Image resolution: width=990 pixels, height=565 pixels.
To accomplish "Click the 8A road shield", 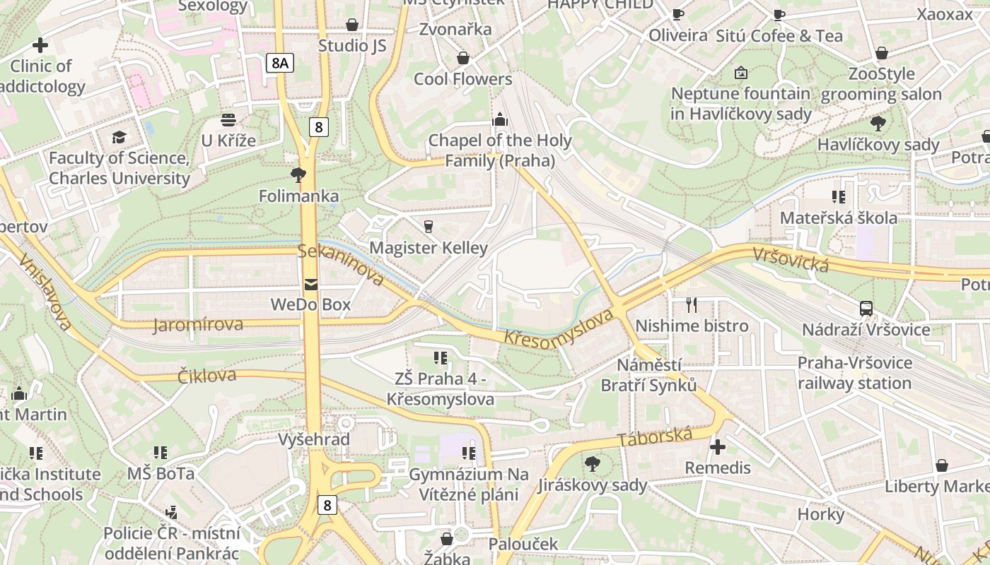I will pyautogui.click(x=280, y=64).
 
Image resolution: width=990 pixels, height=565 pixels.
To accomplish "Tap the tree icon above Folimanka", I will pyautogui.click(x=298, y=174).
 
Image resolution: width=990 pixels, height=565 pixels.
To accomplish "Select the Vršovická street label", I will pyautogui.click(x=791, y=259).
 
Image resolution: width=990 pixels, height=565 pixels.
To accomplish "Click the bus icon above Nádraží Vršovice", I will pyautogui.click(x=866, y=309).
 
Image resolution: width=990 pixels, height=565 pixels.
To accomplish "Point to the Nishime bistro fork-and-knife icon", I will pyautogui.click(x=692, y=304).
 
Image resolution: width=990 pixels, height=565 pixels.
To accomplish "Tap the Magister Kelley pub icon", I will pyautogui.click(x=428, y=227).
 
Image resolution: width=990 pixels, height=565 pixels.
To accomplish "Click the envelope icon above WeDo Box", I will pyautogui.click(x=310, y=285).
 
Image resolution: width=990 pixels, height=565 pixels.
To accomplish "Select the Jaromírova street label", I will pyautogui.click(x=198, y=325).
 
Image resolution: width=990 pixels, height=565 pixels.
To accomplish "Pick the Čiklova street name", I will pyautogui.click(x=207, y=375).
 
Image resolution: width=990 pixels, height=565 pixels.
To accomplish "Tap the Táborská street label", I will pyautogui.click(x=655, y=437).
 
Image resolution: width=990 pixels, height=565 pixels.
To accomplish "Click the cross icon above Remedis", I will pyautogui.click(x=718, y=447).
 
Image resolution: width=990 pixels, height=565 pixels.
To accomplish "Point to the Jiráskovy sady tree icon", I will pyautogui.click(x=592, y=464).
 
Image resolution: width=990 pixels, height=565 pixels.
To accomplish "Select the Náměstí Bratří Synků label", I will pyautogui.click(x=648, y=375).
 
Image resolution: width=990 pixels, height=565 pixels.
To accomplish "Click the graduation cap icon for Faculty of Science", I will pyautogui.click(x=119, y=137).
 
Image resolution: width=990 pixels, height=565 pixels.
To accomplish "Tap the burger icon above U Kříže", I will pyautogui.click(x=228, y=120).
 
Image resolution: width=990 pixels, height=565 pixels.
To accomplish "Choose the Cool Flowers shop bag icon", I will pyautogui.click(x=463, y=58).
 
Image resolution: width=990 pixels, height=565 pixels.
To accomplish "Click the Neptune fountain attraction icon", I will pyautogui.click(x=741, y=73).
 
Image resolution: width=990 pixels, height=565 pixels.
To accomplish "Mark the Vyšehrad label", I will pyautogui.click(x=314, y=439).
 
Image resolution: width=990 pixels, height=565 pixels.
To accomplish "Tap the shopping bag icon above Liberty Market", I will pyautogui.click(x=941, y=465).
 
